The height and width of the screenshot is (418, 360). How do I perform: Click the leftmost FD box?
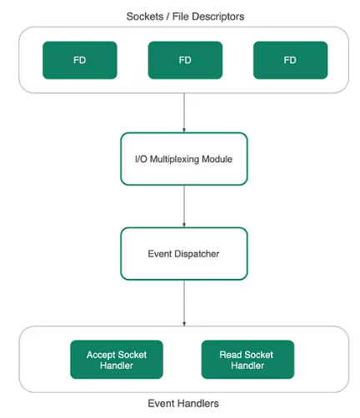coord(80,60)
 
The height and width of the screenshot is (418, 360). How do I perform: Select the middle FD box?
coord(185,60)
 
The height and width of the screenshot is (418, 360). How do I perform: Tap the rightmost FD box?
coord(290,60)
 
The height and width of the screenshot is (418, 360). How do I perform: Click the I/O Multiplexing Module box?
coord(184,159)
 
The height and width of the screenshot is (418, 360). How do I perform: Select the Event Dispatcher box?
coord(184,254)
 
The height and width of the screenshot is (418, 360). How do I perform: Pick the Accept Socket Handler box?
coord(117,360)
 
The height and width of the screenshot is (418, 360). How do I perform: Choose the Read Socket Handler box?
coord(247,360)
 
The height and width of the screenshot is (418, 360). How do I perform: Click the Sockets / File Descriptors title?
coord(185,17)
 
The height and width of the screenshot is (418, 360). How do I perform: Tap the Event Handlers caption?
coord(183,403)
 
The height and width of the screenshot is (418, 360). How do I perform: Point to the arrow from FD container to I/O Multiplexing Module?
coord(184,112)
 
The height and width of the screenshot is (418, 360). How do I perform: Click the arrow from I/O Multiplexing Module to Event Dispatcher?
coord(184,207)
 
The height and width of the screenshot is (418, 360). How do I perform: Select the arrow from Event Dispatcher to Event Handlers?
coord(184,303)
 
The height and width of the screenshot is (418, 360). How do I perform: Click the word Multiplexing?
coord(174,159)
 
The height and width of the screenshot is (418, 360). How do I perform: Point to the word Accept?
coord(100,355)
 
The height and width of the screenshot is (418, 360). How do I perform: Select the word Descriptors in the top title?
coord(218,17)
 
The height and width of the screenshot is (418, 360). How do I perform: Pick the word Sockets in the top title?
coord(145,17)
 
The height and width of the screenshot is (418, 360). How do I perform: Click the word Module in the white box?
coord(217,159)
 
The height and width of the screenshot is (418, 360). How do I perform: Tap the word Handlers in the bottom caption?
coord(201,403)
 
